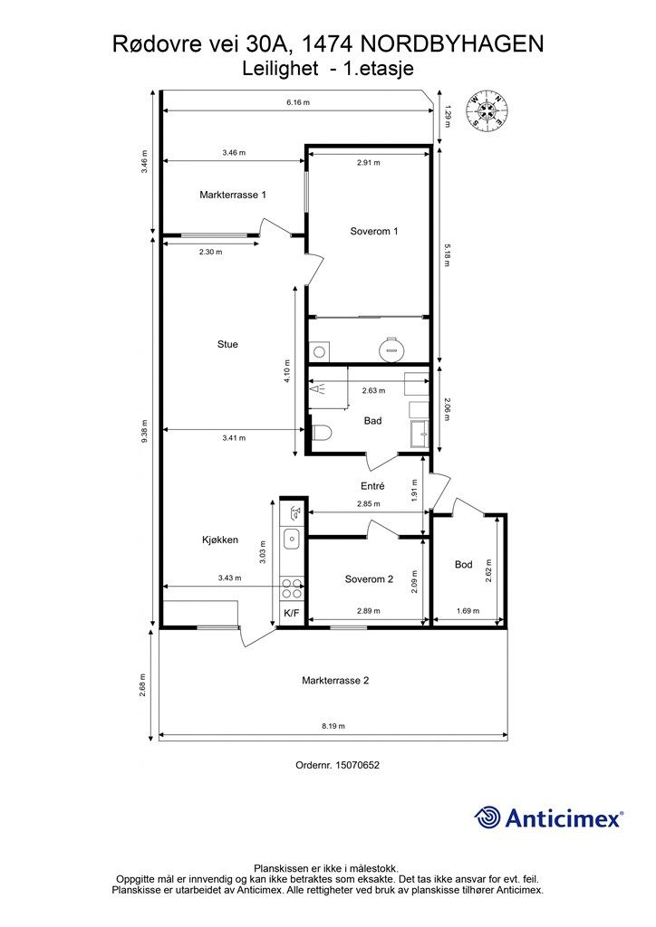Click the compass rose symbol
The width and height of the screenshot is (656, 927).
click(487, 110)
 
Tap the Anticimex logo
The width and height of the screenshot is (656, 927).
click(548, 817)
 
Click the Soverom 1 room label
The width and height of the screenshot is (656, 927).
click(374, 231)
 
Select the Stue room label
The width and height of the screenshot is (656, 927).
click(227, 344)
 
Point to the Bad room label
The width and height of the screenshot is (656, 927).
click(372, 421)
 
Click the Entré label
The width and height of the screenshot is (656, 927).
click(372, 486)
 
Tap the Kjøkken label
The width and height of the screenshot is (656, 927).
click(220, 540)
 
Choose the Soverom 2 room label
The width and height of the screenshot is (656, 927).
click(369, 579)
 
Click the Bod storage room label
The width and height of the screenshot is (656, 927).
click(464, 565)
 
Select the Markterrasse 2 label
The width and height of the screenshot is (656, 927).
click(335, 681)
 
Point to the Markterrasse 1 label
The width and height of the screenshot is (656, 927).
click(233, 195)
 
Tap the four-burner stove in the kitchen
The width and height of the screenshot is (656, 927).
click(292, 588)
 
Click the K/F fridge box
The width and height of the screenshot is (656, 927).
click(292, 613)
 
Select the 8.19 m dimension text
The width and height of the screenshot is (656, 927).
click(333, 726)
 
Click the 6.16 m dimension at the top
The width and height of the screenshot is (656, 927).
click(298, 102)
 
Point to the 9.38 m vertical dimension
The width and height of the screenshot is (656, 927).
click(144, 431)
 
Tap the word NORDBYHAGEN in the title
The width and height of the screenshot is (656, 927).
click(451, 44)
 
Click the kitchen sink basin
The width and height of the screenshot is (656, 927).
click(292, 539)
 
